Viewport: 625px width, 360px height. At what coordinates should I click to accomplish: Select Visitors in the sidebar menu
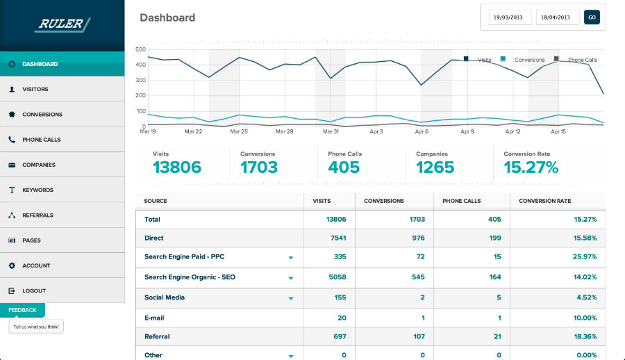pos(35,90)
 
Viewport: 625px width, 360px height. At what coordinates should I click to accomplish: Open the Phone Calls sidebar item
pos(41,140)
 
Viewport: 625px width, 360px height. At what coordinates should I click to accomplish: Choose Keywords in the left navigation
pos(37,190)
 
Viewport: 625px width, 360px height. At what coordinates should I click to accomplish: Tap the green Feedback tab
pos(22,310)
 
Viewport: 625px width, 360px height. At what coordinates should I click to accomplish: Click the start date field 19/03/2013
pos(510,17)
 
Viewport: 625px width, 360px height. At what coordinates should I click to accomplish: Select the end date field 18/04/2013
pos(557,17)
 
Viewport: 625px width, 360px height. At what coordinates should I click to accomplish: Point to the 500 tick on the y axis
pos(140,50)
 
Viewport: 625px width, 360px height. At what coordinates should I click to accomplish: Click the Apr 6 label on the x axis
pos(421,131)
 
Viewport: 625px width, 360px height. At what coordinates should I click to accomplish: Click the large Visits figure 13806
pos(177,167)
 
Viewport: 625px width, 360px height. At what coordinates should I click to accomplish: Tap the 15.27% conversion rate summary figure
pos(531,167)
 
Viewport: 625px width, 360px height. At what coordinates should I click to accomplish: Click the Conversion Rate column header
pos(544,201)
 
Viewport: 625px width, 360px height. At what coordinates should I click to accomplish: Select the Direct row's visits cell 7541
pos(336,238)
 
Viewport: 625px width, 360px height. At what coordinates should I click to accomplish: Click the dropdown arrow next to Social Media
pos(291,297)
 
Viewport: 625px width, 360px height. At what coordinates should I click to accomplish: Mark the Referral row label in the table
pos(157,336)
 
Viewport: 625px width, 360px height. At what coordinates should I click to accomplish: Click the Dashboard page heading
pos(167,17)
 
